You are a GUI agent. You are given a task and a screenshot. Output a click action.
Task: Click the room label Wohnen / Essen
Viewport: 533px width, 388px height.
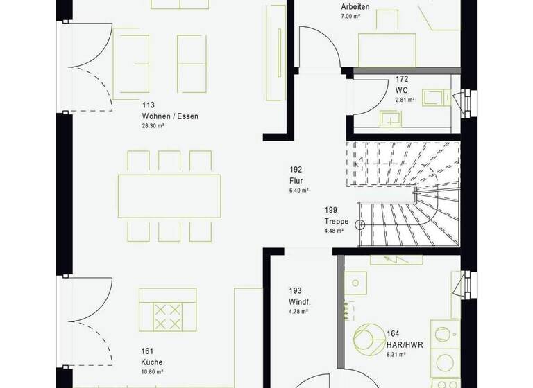click(x=170, y=116)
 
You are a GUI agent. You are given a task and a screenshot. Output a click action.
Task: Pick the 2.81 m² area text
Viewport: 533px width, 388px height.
click(x=405, y=100)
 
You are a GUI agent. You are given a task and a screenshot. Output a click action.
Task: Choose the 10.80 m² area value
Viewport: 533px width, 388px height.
click(x=153, y=371)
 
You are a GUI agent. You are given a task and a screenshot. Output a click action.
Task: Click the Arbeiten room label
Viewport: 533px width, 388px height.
click(x=355, y=7)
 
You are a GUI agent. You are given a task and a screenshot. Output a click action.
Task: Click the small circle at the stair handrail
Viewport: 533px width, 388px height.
click(x=359, y=224)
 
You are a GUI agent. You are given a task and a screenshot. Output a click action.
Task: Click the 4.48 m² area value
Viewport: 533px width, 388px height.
click(x=334, y=231)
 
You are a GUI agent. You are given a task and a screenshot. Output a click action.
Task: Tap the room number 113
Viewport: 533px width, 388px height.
click(x=148, y=106)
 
